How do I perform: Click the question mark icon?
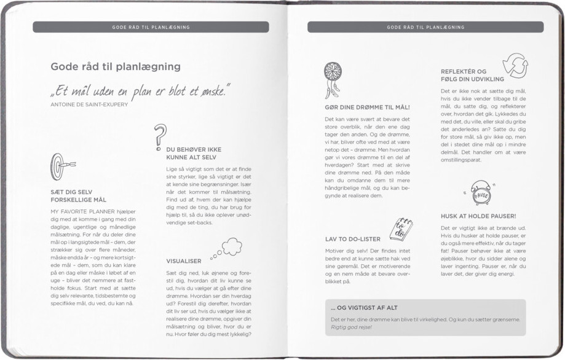click(160, 135)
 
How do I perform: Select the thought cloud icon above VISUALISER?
click(225, 248)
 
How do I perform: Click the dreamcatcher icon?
click(333, 80)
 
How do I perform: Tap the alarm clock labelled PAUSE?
click(481, 194)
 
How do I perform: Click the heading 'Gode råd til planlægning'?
click(115, 66)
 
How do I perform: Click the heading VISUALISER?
click(184, 261)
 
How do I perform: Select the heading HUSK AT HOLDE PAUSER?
click(478, 216)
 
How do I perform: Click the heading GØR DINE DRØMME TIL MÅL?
click(366, 107)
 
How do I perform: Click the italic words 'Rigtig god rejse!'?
click(352, 327)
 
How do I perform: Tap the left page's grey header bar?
click(151, 27)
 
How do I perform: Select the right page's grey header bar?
click(425, 27)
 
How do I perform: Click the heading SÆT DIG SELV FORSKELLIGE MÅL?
click(78, 196)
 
